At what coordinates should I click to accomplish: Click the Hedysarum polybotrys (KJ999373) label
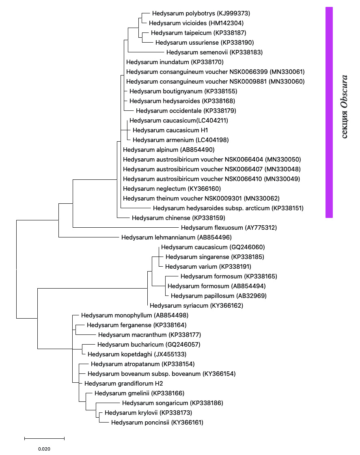pyautogui.click(x=195, y=13)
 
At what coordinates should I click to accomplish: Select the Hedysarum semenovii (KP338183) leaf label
pyautogui.click(x=214, y=52)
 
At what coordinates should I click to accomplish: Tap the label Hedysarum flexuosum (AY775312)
pyautogui.click(x=229, y=228)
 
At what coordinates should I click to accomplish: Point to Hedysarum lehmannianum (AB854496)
pyautogui.click(x=176, y=237)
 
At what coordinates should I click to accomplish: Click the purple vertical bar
pyautogui.click(x=329, y=112)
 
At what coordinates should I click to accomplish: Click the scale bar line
pyautogui.click(x=44, y=438)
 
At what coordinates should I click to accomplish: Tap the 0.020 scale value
pyautogui.click(x=44, y=449)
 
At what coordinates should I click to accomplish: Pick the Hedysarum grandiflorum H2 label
pyautogui.click(x=123, y=384)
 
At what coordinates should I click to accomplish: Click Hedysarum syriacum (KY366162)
pyautogui.click(x=196, y=306)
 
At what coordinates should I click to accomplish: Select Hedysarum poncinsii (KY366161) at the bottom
pyautogui.click(x=157, y=423)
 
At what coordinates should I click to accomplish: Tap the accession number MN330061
pyautogui.click(x=287, y=72)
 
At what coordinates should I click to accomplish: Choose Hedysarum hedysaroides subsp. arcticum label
pyautogui.click(x=228, y=208)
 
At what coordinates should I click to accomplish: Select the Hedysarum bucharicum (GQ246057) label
pyautogui.click(x=149, y=345)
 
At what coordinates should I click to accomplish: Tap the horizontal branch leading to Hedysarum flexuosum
pyautogui.click(x=126, y=227)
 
